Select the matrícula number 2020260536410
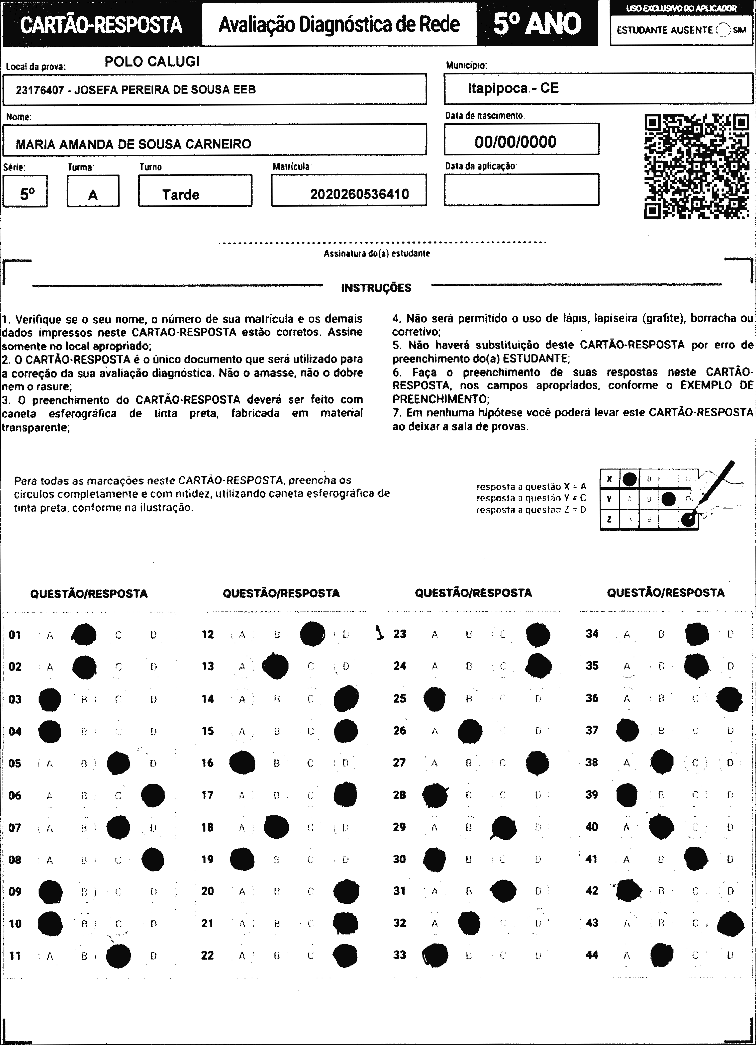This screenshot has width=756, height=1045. pos(359,194)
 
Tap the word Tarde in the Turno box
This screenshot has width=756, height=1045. pos(181,195)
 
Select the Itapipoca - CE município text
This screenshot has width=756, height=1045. pos(513,88)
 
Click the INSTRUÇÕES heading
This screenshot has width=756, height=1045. pos(376,288)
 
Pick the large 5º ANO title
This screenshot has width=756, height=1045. pos(537,24)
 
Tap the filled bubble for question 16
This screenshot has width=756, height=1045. pos(242,763)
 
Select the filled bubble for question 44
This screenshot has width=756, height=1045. pos(662,955)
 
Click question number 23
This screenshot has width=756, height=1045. pos(399,634)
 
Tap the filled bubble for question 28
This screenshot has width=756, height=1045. pos(435,796)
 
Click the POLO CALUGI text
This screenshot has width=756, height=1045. pos(152,62)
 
